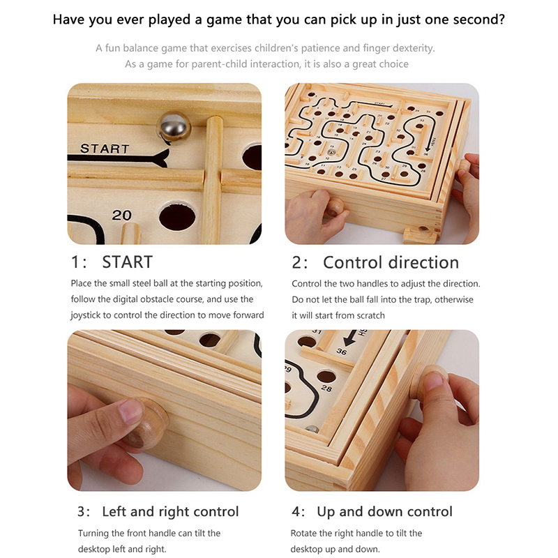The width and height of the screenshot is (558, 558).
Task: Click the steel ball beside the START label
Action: [173, 126]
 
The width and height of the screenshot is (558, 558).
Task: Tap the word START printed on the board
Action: [105, 149]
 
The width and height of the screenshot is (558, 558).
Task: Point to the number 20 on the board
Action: [121, 215]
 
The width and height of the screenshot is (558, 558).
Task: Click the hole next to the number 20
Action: [177, 217]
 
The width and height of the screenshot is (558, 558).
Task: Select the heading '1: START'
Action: [112, 262]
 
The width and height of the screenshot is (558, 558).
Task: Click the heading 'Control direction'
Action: [391, 262]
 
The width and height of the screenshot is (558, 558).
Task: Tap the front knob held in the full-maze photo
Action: [335, 207]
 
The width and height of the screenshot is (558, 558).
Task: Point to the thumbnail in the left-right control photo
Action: [130, 410]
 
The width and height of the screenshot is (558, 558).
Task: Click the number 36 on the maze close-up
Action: [341, 352]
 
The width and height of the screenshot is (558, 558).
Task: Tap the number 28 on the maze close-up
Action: [326, 388]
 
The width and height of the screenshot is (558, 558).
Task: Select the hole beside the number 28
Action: [326, 376]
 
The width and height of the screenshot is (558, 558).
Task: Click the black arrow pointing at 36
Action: [351, 338]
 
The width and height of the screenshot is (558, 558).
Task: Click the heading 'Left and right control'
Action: [170, 512]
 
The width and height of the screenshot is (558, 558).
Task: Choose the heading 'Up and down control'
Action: [384, 512]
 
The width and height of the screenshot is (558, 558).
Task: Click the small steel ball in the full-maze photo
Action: [331, 152]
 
